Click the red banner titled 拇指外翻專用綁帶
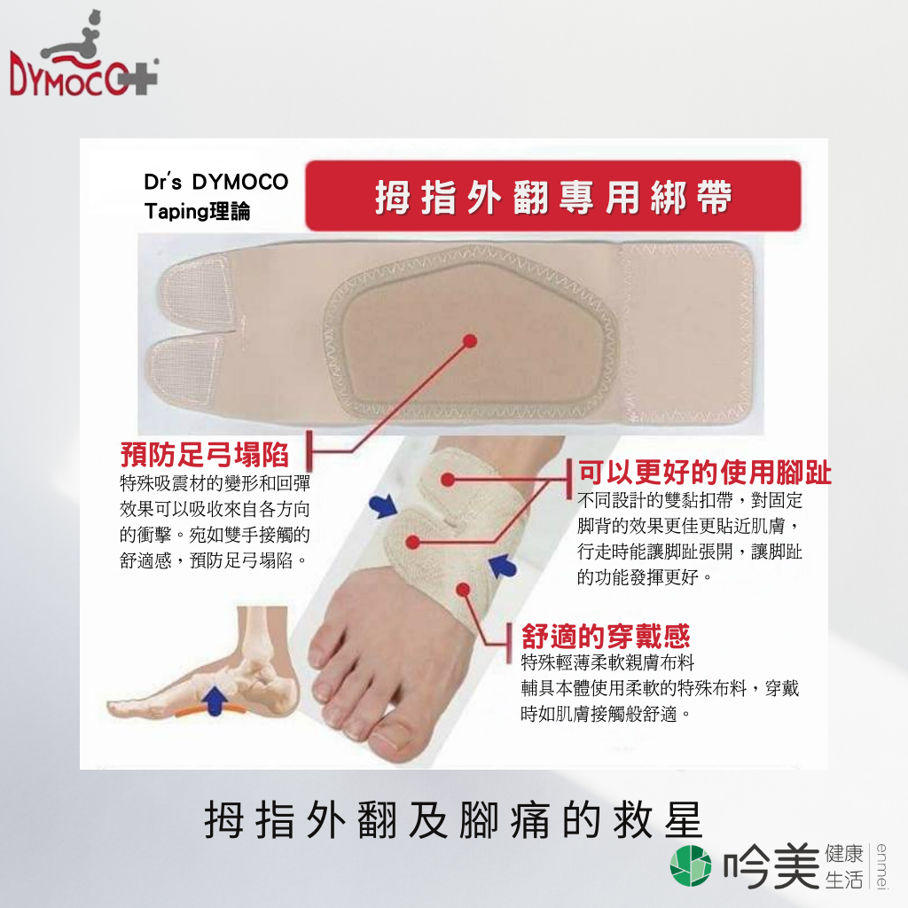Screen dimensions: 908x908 click(x=553, y=196)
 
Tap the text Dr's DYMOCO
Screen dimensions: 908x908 click(x=216, y=182)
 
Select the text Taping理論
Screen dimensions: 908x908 click(x=197, y=211)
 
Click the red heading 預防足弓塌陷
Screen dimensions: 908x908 click(x=204, y=454)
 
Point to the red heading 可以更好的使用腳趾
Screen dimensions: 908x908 click(x=705, y=472)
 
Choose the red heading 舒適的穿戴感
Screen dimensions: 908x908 click(x=606, y=636)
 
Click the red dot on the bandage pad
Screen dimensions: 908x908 click(x=470, y=340)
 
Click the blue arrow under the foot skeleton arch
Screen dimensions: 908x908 click(x=215, y=700)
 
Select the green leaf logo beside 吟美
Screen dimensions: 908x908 click(x=690, y=865)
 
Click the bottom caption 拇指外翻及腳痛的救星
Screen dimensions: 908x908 click(x=453, y=820)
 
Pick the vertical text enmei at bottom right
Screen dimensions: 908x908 click(x=881, y=865)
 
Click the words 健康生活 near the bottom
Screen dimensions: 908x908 click(x=844, y=866)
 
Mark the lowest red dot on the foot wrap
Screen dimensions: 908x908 click(x=463, y=590)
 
